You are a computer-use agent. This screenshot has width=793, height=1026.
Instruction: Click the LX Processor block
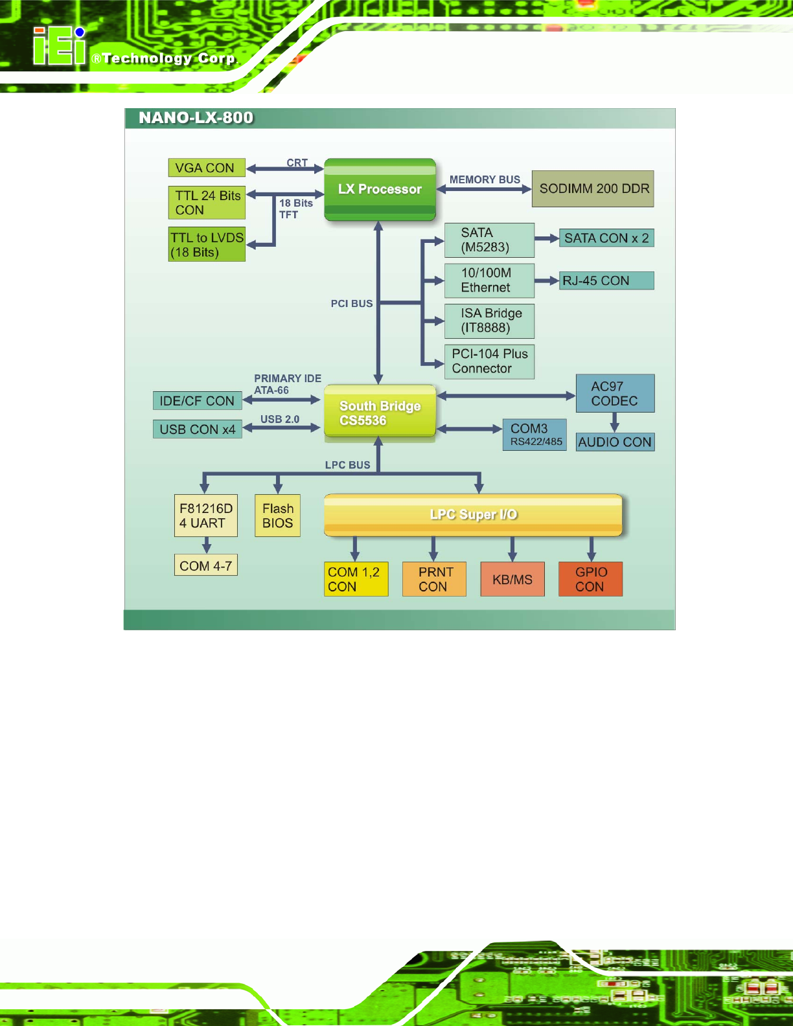click(x=380, y=189)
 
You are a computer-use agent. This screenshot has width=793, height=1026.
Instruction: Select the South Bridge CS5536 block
click(x=380, y=411)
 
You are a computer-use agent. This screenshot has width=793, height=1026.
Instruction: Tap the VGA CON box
click(x=207, y=168)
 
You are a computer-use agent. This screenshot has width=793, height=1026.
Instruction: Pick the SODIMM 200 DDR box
click(x=593, y=189)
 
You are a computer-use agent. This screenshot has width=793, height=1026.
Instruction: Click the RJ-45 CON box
click(x=606, y=280)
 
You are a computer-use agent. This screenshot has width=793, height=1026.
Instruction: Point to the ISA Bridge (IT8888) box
click(x=489, y=321)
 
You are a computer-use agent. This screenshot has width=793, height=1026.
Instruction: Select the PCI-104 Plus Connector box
click(x=489, y=361)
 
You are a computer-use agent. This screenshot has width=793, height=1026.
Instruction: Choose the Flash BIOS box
click(x=277, y=516)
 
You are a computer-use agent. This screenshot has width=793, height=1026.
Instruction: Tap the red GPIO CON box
click(x=590, y=579)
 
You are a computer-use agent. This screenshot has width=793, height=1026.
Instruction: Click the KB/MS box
click(x=512, y=579)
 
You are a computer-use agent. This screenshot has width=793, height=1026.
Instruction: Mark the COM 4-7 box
click(x=206, y=565)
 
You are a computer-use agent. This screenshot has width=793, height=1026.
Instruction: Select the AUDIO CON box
click(x=615, y=442)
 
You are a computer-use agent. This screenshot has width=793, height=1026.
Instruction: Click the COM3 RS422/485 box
click(x=534, y=435)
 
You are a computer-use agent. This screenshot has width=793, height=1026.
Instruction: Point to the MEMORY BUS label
click(x=485, y=180)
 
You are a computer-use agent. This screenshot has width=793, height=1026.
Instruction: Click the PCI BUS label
click(x=352, y=304)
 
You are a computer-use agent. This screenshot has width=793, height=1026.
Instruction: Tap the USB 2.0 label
click(x=280, y=419)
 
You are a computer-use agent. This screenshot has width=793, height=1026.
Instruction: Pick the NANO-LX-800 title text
click(x=196, y=118)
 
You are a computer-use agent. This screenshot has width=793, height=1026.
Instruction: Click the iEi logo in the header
click(x=60, y=46)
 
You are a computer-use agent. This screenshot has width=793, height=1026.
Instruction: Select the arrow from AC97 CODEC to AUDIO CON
click(x=614, y=422)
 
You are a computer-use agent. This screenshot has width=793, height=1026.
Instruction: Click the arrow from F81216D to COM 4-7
click(x=207, y=545)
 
